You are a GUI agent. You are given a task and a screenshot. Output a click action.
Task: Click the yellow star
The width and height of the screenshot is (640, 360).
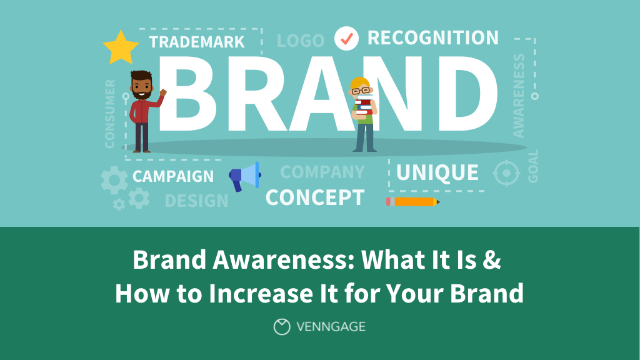(121, 47)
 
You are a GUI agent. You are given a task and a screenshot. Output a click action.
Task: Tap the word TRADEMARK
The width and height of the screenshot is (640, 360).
(197, 42)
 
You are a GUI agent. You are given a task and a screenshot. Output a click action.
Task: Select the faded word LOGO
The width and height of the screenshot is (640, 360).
(301, 41)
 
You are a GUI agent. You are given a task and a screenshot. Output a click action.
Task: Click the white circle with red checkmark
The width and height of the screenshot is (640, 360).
(346, 38)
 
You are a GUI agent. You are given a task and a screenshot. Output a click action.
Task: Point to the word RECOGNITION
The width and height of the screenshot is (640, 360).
(432, 37)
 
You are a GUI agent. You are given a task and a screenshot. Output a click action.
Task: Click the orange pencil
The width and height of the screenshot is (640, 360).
(412, 201)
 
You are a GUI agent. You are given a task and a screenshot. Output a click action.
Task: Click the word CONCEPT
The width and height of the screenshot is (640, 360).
(314, 197)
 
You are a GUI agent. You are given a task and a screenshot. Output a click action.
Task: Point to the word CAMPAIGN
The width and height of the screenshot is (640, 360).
(173, 176)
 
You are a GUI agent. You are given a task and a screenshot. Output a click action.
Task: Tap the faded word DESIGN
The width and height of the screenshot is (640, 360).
(196, 201)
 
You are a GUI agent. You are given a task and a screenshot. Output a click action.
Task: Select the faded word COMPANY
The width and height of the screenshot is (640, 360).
(322, 172)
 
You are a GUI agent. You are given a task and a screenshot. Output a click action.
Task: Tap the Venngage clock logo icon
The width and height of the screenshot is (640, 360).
(282, 326)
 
